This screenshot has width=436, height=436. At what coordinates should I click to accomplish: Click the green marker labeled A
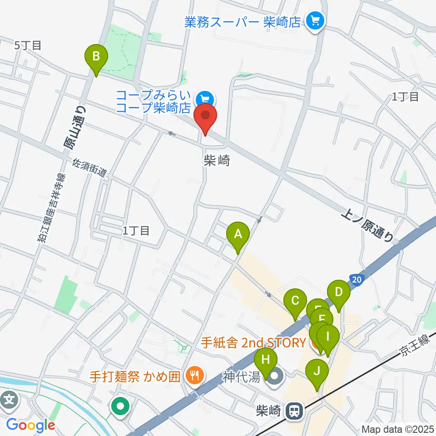238,235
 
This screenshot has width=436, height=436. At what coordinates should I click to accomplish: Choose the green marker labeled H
266,361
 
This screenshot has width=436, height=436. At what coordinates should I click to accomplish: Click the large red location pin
205,116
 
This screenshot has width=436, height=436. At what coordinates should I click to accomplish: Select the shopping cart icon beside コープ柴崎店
205,98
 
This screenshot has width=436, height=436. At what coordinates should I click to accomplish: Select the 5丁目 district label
28,45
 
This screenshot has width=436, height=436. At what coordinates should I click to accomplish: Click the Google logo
30,425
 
